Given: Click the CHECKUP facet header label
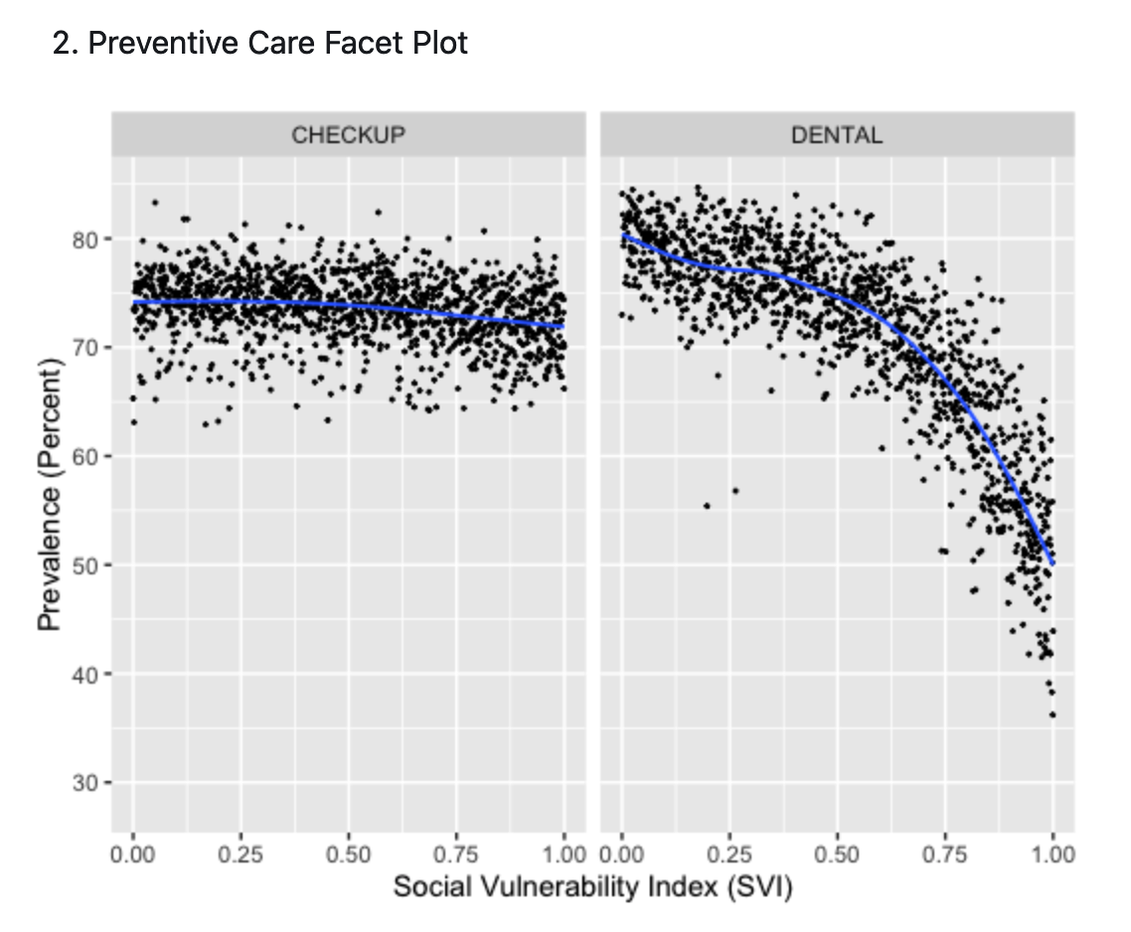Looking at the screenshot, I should (348, 135).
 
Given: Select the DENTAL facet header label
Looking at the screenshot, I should (836, 135).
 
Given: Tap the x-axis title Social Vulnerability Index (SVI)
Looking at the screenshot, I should (592, 887).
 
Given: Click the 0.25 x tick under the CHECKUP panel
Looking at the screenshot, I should (242, 854).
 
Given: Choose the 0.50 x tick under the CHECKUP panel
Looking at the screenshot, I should (349, 854).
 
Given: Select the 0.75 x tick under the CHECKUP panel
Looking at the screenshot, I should (456, 854).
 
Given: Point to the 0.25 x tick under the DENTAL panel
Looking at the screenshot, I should (729, 854).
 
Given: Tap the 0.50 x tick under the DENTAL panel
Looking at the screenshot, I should (837, 854).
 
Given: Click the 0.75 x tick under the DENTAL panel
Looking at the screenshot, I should (944, 854).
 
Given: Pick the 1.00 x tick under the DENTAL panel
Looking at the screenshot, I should (1053, 854).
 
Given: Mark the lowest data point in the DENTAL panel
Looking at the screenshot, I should (1051, 714).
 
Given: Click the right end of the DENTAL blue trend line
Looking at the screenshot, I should (1051, 563).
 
